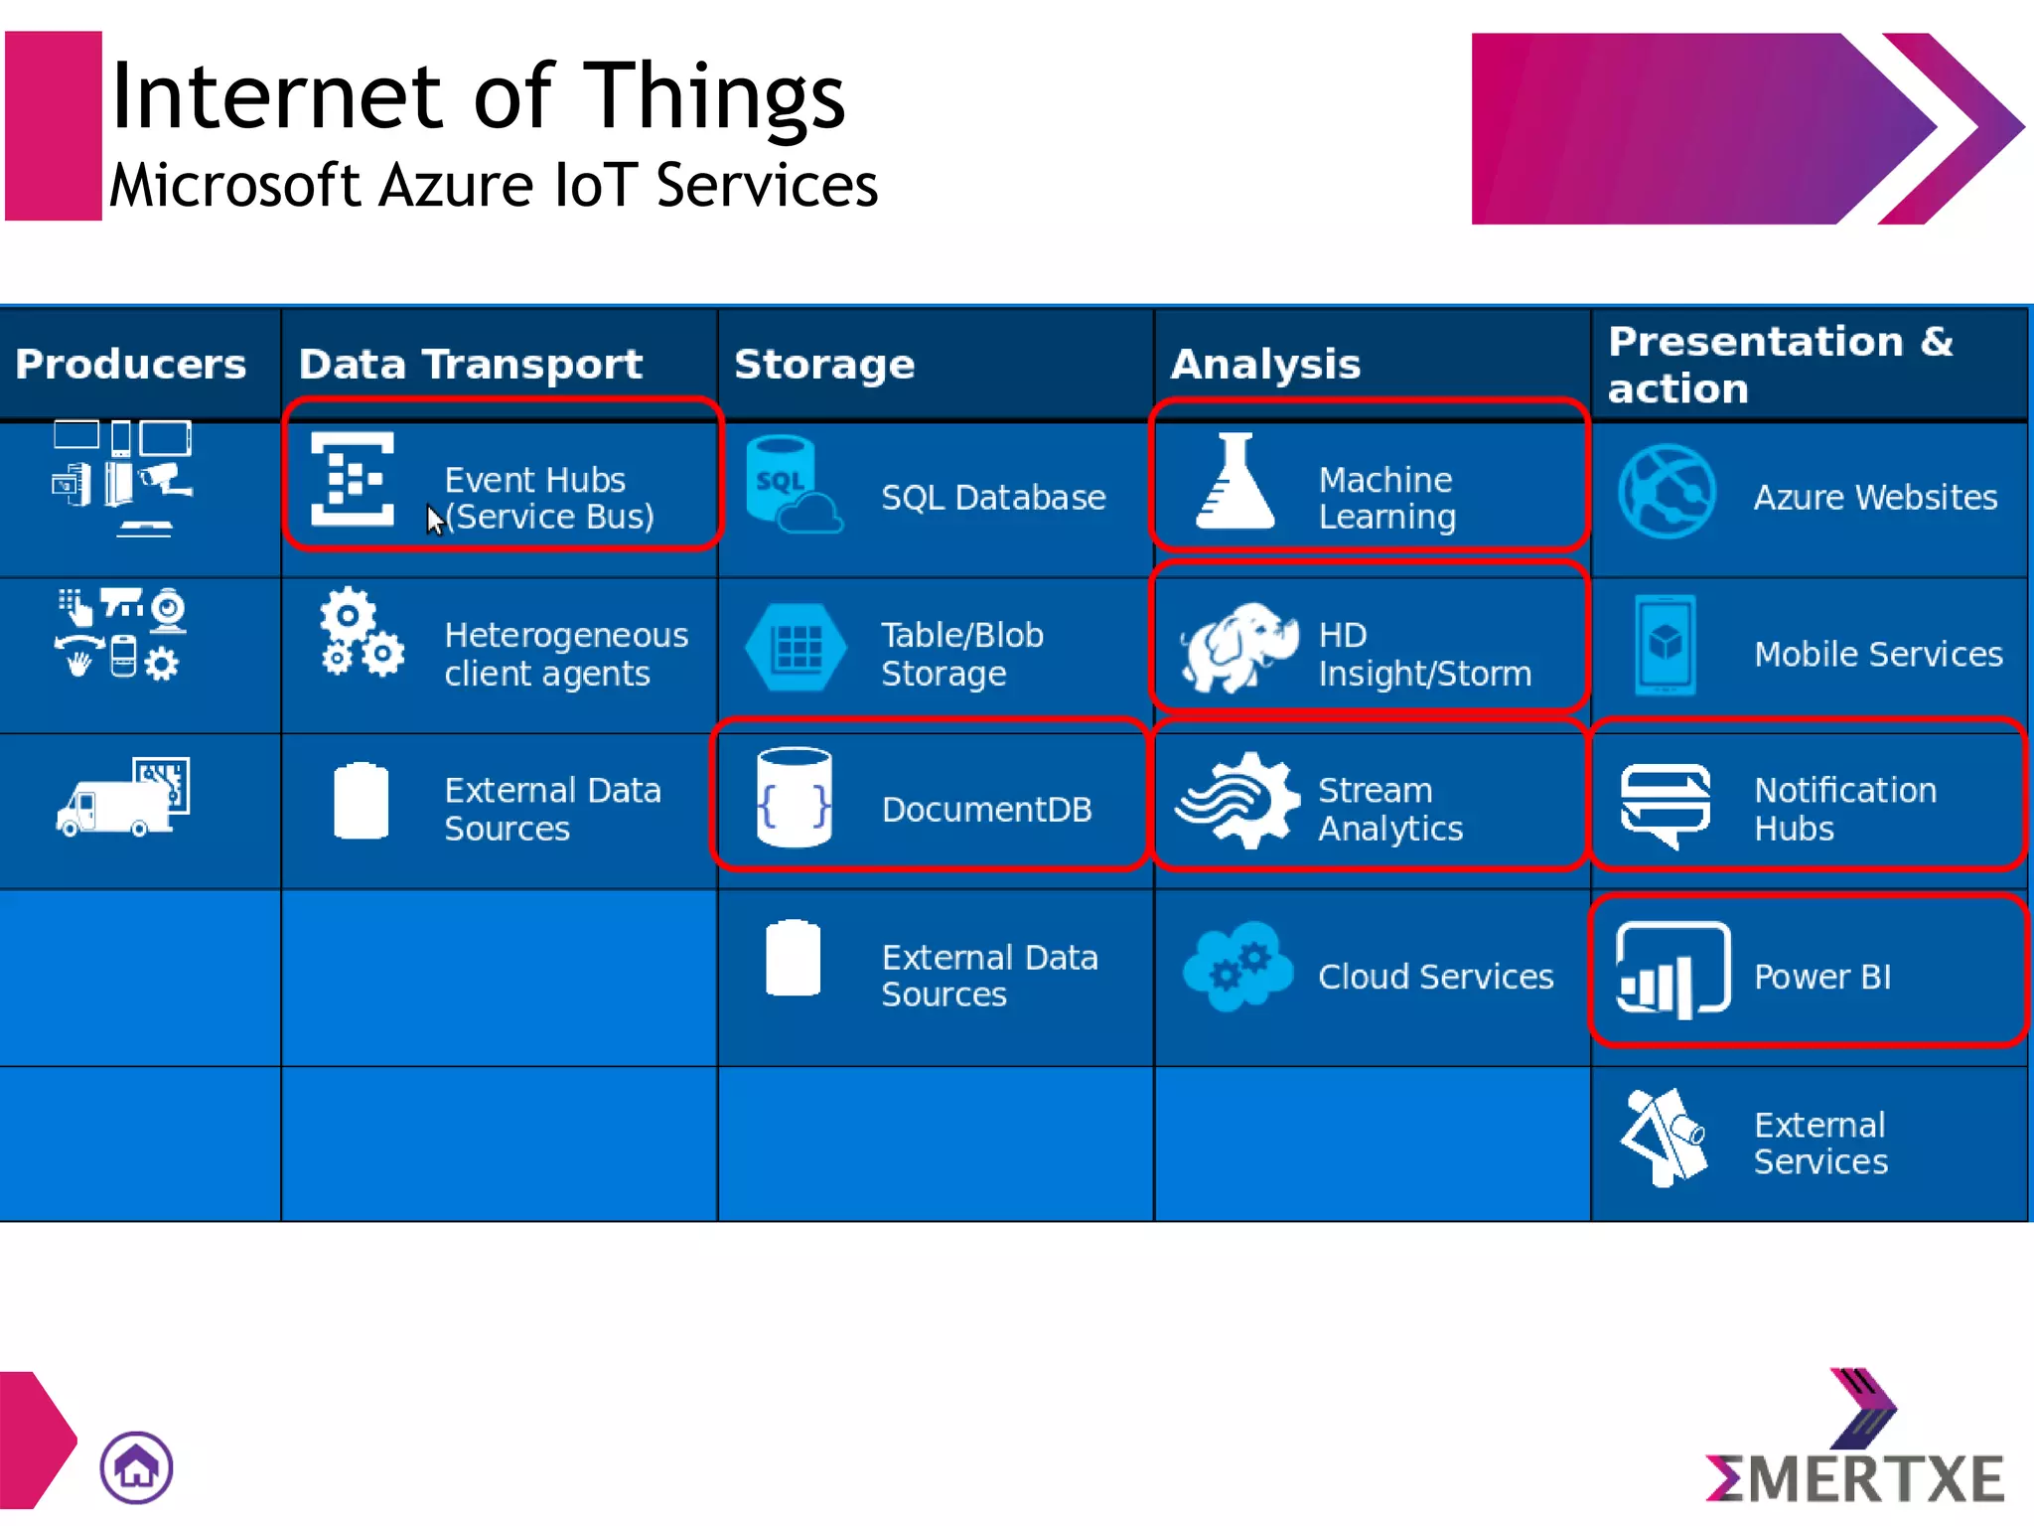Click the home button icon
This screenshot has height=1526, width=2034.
[136, 1466]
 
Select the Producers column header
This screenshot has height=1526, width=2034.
[131, 365]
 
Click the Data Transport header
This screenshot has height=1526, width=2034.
[471, 365]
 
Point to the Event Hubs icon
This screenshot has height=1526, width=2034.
[352, 479]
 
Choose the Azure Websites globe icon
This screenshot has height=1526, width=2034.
[1667, 492]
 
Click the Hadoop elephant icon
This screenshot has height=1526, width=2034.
[1237, 646]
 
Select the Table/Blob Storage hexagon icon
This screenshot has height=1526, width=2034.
[797, 648]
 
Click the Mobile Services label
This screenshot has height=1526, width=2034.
[1878, 654]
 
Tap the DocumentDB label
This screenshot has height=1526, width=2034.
[986, 810]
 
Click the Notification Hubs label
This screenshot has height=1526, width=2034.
[1844, 809]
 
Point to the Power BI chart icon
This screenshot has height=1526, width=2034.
[1672, 971]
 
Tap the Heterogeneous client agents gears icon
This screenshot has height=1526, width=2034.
[361, 633]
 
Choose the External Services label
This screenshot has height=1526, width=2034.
[1819, 1143]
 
